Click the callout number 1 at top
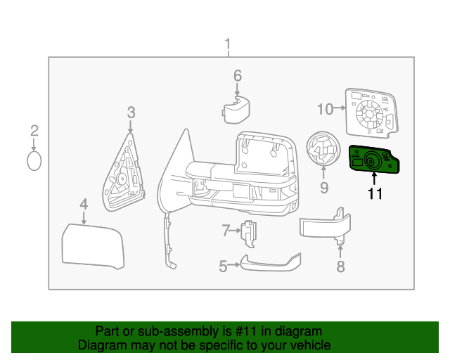coord(227,46)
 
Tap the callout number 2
coord(34,130)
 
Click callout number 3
coord(131,112)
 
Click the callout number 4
coord(84,205)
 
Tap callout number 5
coord(223,266)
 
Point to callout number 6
coord(238,75)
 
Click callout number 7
coord(226,230)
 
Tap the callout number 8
coord(340,266)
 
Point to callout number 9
coord(324,188)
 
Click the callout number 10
coord(325,109)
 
